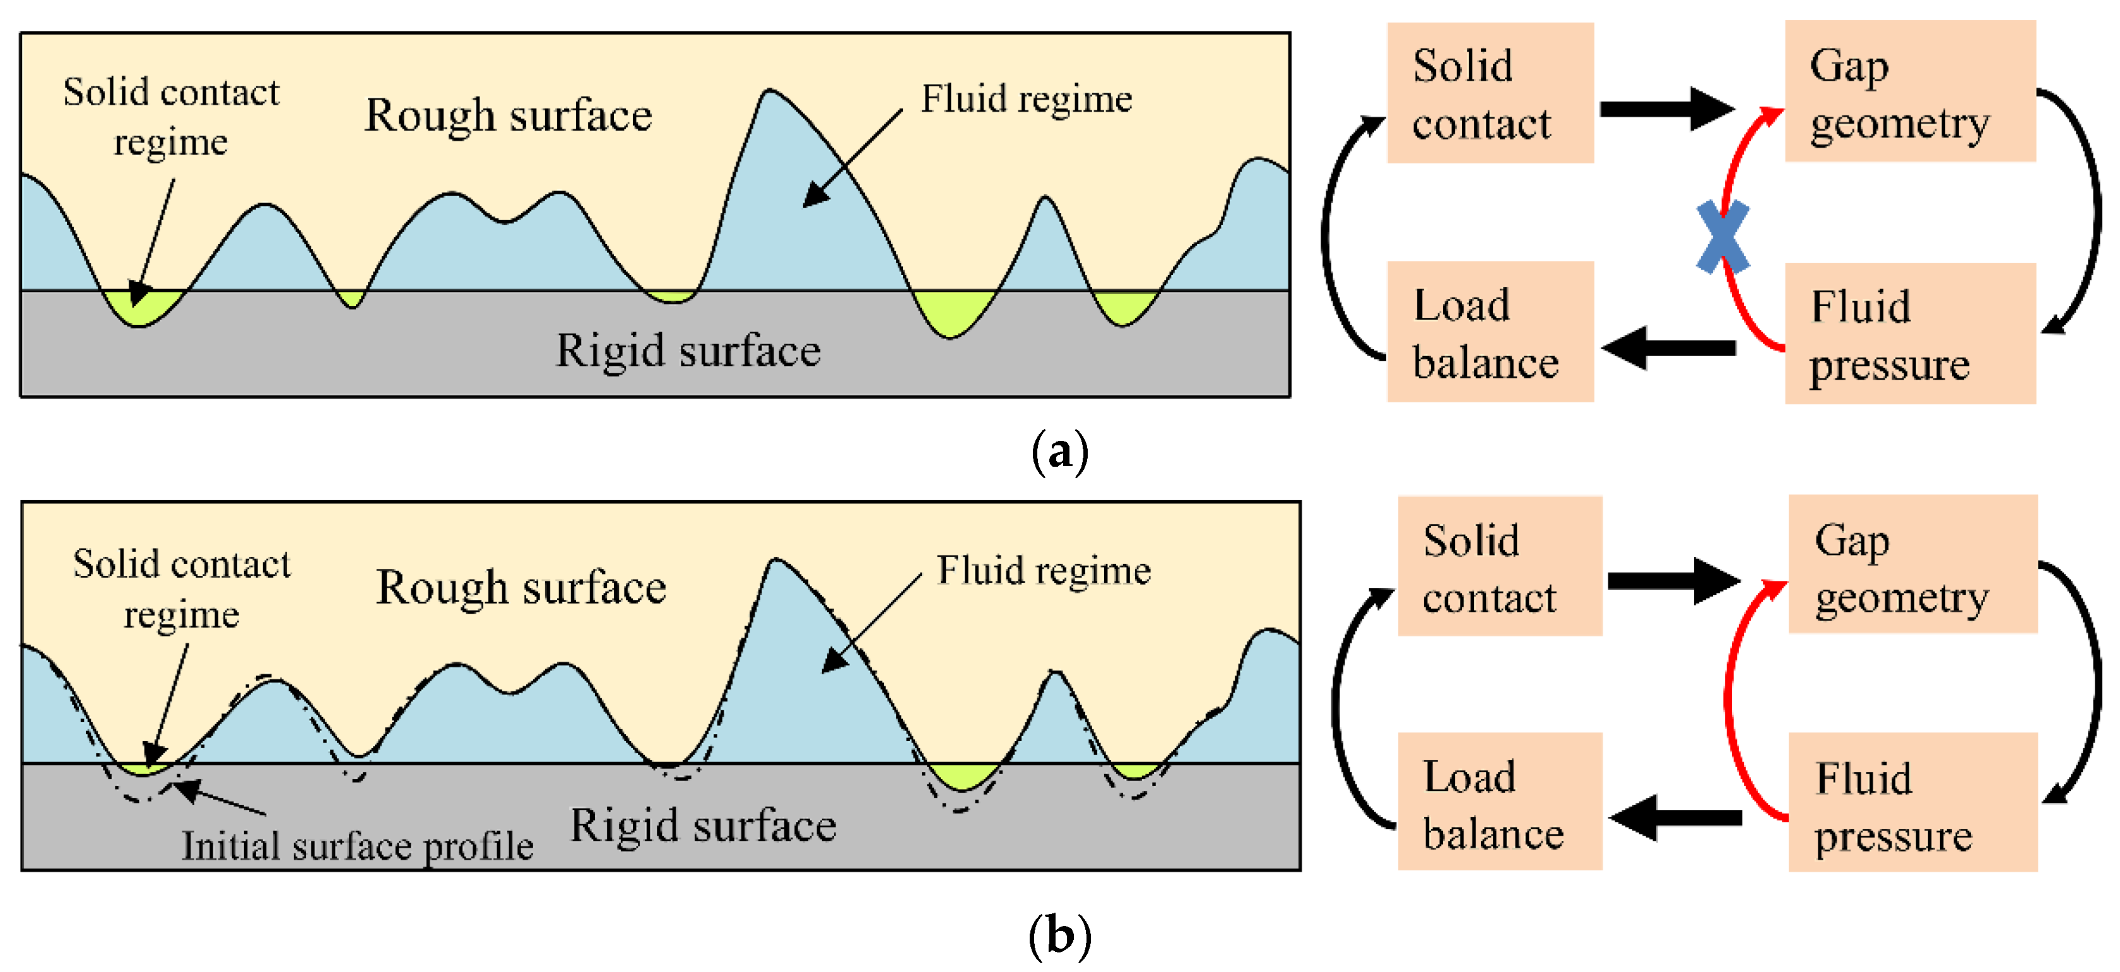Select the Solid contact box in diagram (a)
(1490, 93)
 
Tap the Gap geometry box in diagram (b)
(1911, 565)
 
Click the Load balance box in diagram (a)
(1490, 332)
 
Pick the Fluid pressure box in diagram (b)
(1911, 802)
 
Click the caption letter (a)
(1059, 451)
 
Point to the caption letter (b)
(1059, 936)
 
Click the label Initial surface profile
(357, 846)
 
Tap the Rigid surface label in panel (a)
(688, 351)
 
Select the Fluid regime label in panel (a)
(1025, 100)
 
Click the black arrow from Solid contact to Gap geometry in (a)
(1666, 108)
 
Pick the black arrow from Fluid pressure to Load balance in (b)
(1674, 817)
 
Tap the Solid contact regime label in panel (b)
(181, 588)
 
